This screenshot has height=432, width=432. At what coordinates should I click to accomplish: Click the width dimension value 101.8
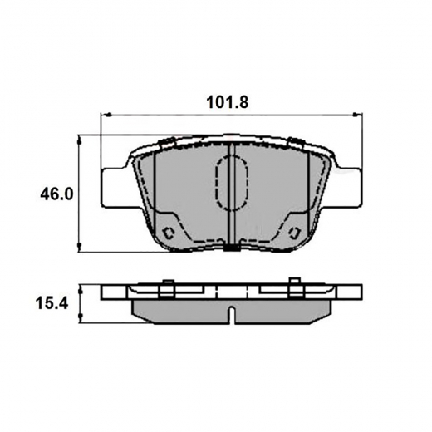tap(228, 103)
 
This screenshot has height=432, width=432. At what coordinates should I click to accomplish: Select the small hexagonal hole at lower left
tap(169, 233)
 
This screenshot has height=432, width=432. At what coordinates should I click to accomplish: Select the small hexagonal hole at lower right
tap(294, 233)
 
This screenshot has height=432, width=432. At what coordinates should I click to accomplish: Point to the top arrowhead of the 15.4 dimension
tap(80, 287)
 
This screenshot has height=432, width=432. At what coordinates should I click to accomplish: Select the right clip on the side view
tap(294, 289)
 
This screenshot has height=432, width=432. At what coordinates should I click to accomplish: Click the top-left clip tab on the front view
tap(165, 139)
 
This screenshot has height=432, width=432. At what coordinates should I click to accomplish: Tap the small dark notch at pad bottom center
tap(232, 247)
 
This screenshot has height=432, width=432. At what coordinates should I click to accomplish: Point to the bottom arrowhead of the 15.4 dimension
tap(80, 322)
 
